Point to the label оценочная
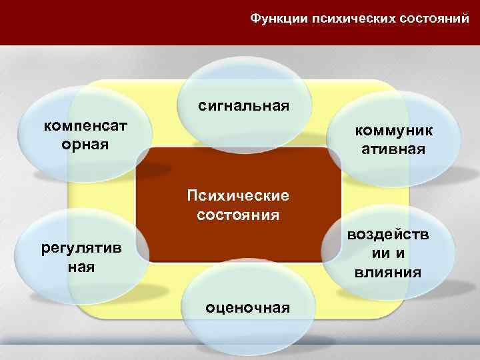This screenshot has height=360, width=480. click(248, 307)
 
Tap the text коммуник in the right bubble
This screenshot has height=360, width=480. click(393, 131)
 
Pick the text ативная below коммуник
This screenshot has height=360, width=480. click(393, 149)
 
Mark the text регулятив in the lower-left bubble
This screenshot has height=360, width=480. click(81, 249)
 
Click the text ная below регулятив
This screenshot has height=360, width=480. click(81, 267)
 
